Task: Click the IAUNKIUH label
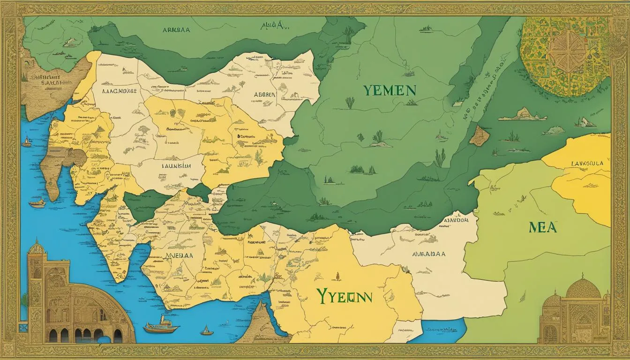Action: point(176,165)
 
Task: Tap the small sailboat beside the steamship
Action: point(206,330)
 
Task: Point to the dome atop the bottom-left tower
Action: point(36,247)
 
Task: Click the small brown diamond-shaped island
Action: point(479,135)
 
